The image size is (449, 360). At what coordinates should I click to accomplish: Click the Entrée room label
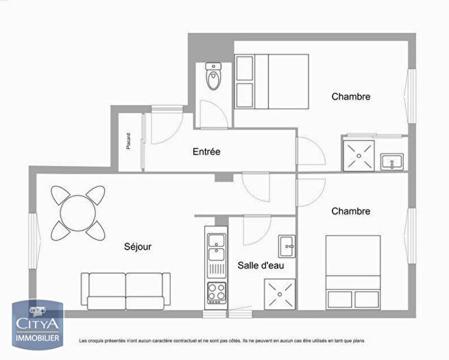pyautogui.click(x=206, y=152)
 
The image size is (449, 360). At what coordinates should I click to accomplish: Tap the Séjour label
pyautogui.click(x=138, y=247)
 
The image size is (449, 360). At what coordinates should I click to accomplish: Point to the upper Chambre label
pyautogui.click(x=351, y=97)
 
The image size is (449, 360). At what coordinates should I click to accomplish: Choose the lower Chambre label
pyautogui.click(x=351, y=211)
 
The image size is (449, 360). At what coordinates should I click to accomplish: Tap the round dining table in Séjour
pyautogui.click(x=77, y=212)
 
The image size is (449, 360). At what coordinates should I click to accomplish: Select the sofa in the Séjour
pyautogui.click(x=125, y=290)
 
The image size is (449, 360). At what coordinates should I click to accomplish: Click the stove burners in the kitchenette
pyautogui.click(x=217, y=292)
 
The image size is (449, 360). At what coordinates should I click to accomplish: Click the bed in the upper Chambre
pyautogui.click(x=271, y=81)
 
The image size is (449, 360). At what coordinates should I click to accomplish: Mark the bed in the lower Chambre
pyautogui.click(x=353, y=272)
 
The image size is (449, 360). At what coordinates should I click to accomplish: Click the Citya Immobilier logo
pyautogui.click(x=38, y=323)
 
